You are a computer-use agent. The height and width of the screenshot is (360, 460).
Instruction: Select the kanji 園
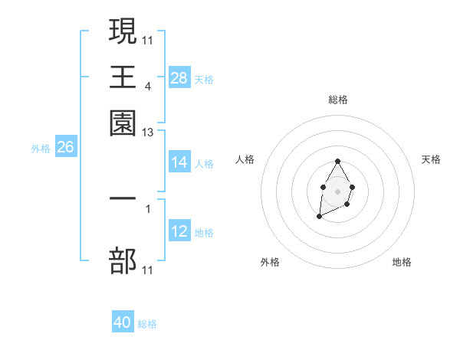123,123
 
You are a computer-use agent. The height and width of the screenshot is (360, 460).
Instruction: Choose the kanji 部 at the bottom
123,260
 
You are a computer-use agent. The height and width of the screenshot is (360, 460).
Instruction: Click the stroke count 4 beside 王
148,86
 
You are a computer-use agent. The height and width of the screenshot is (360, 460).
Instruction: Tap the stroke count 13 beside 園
148,133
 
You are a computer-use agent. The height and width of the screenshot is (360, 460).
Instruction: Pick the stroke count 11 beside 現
148,39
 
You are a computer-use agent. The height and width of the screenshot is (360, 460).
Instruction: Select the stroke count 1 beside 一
148,208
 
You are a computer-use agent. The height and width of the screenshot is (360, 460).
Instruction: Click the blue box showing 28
179,78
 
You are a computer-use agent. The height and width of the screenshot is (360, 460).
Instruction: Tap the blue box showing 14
179,162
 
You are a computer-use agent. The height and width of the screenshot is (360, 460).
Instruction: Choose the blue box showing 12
179,231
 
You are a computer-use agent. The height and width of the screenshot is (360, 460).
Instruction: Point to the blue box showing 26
65,148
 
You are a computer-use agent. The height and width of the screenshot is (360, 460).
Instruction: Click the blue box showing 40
123,322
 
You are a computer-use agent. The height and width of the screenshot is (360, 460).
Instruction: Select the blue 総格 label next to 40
147,324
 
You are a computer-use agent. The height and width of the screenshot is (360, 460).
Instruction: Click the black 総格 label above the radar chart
337,100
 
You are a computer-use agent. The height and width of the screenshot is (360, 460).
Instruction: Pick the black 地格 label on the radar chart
402,263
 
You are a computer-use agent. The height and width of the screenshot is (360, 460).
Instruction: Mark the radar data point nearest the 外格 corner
319,218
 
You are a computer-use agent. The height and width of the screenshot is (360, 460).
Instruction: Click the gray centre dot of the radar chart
337,190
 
